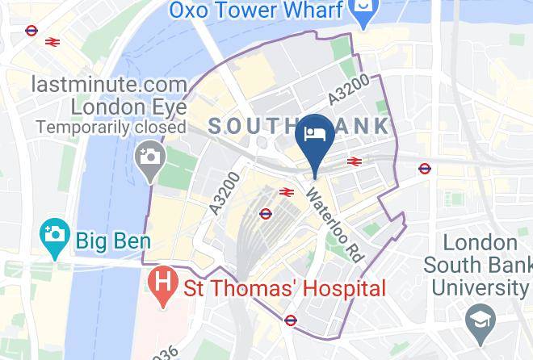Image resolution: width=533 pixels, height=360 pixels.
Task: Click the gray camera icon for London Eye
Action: pos(149,156)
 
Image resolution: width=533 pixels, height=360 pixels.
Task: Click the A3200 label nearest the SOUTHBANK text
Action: pos(350,89)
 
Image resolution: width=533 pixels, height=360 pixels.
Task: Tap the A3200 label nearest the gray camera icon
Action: pos(225,193)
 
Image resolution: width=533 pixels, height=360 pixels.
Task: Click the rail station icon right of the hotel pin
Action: pos(353,161)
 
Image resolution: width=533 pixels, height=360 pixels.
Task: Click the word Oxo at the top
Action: pos(190,11)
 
